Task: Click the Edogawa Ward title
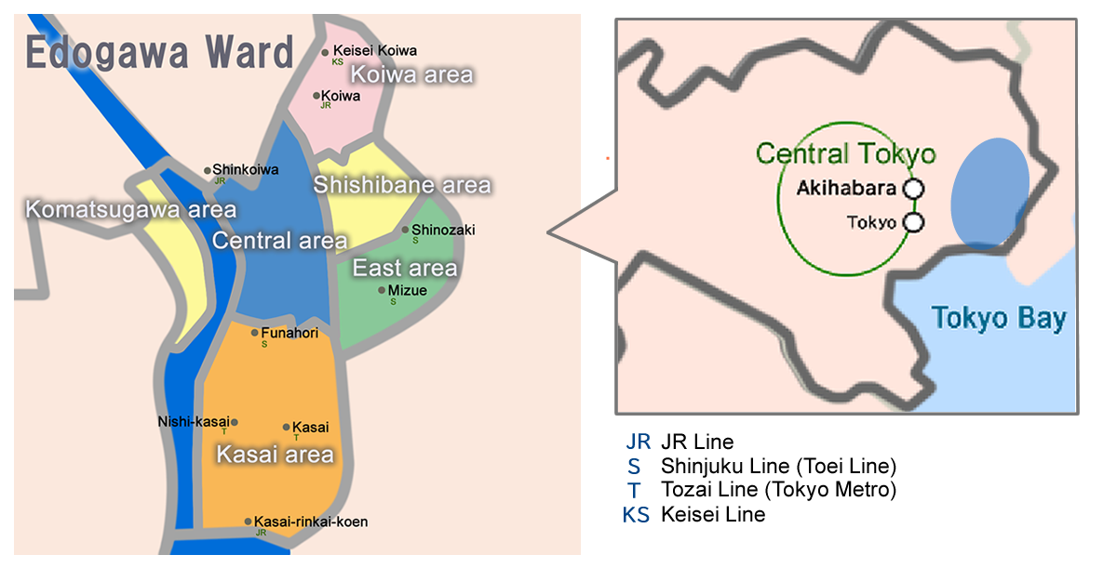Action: [x=159, y=53]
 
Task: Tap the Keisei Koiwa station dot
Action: [x=325, y=52]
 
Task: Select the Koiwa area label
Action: [x=411, y=74]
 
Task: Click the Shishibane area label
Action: [x=401, y=185]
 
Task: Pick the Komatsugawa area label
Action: [x=130, y=209]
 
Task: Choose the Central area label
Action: [x=279, y=241]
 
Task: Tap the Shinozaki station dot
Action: [x=405, y=230]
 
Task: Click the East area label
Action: [x=404, y=269]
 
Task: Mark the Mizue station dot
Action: [x=382, y=290]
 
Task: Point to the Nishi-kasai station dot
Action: [x=234, y=422]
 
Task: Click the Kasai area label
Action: [x=275, y=455]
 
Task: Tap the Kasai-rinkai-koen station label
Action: [x=311, y=522]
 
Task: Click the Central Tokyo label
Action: [x=845, y=153]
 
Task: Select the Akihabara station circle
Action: [x=914, y=189]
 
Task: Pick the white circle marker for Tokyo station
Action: [x=914, y=222]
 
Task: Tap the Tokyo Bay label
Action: [x=999, y=319]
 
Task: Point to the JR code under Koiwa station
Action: [x=326, y=105]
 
